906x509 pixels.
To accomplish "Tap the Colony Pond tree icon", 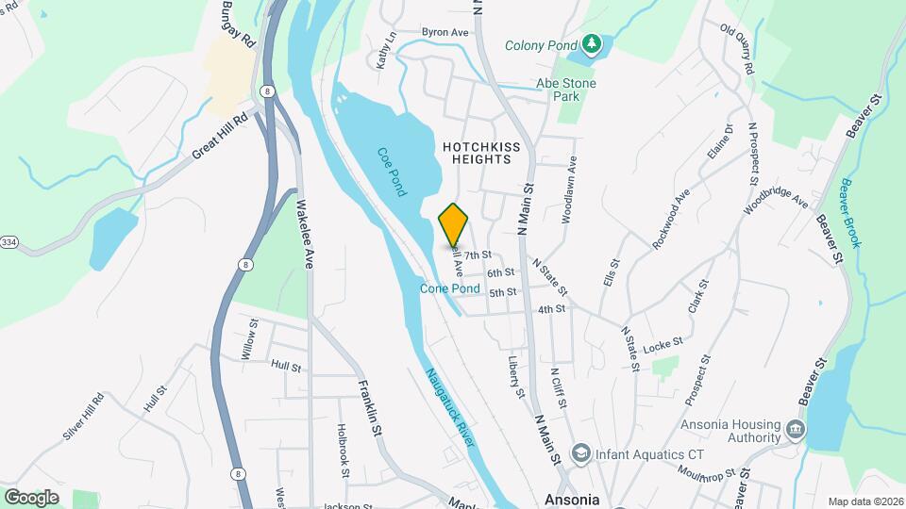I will point(591,43).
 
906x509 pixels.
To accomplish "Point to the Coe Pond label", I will point(391,171).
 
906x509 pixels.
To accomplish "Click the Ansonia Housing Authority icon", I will point(797,430).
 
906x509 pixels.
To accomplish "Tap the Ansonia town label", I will point(572,499).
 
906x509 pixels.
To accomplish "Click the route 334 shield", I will point(8,242).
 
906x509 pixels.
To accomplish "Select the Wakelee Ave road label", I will point(304,236).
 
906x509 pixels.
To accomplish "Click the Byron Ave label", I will point(445,32).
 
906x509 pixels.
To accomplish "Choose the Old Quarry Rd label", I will point(739,50).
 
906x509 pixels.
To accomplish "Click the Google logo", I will point(31,497).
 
